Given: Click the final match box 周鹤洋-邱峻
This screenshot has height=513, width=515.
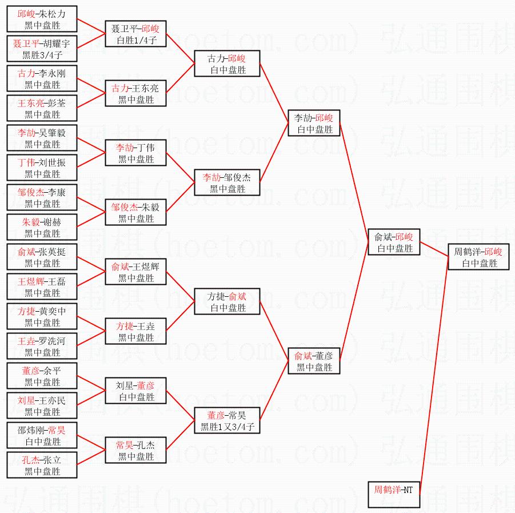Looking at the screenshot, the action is pos(478,257).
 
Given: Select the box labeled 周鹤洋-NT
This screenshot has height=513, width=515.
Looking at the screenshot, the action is pos(394,495).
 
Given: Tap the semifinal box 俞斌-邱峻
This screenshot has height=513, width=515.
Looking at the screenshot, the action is pos(394,242).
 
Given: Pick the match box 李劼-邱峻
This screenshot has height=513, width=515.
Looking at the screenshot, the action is pos(314,123).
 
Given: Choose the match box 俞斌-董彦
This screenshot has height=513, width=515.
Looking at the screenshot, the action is pos(314,361).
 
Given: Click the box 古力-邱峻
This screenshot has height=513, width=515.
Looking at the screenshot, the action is pos(227,63).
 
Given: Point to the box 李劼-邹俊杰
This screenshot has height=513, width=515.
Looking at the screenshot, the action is pos(227,182).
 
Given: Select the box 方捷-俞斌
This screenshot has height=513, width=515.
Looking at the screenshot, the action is pos(227,301).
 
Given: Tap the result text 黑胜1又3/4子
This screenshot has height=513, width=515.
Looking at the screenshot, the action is pos(227,427).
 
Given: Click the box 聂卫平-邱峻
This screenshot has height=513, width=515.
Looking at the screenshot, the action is pos(135,34).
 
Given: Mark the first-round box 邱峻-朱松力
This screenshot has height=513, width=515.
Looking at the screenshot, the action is pos(42,19).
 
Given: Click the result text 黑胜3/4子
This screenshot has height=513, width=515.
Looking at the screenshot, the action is pos(42,55).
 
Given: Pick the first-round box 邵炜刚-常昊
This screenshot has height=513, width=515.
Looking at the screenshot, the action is pos(42,435).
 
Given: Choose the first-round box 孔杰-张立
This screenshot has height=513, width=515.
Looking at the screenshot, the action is pos(42,465).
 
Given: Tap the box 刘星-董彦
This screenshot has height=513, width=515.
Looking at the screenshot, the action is pos(135,391).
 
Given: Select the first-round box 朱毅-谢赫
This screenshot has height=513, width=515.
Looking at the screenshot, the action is pos(42,226).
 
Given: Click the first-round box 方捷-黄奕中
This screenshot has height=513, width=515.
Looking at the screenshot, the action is pos(42,316).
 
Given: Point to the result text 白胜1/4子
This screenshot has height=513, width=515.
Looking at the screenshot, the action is pos(137,40).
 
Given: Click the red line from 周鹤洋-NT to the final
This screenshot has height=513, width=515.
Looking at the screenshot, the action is pos(434,376).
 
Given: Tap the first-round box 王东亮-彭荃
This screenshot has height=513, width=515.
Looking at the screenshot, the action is pos(42,108).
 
